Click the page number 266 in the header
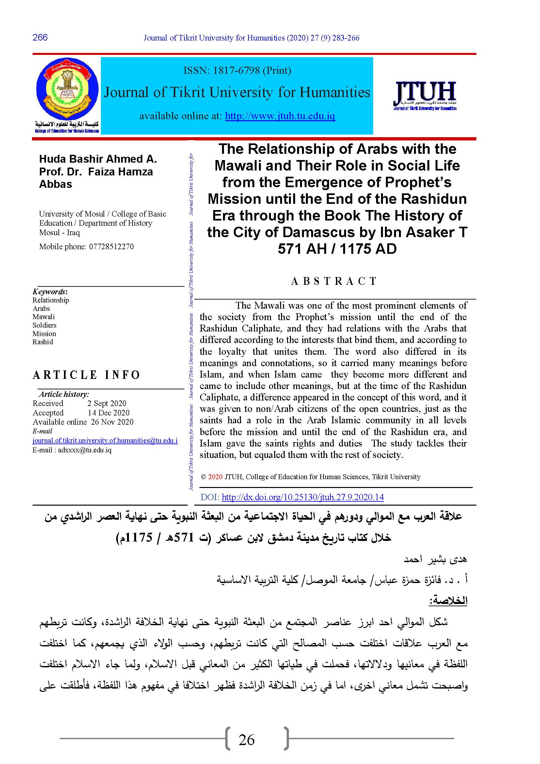point(40,37)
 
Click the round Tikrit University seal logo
point(67,89)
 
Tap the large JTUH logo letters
point(425,91)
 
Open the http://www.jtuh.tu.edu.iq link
point(280,116)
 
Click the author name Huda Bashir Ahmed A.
point(98,159)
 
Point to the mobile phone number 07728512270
point(111,247)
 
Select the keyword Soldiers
point(44,325)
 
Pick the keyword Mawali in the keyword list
point(43,317)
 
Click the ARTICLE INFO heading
point(87,375)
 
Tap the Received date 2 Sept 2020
point(107,403)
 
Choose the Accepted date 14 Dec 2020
point(108,413)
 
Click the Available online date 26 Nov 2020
point(112,422)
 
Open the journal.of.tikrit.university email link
point(105,441)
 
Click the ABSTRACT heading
point(334,281)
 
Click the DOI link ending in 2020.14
point(302,497)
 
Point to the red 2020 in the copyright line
point(215,477)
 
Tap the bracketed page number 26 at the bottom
point(246,740)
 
